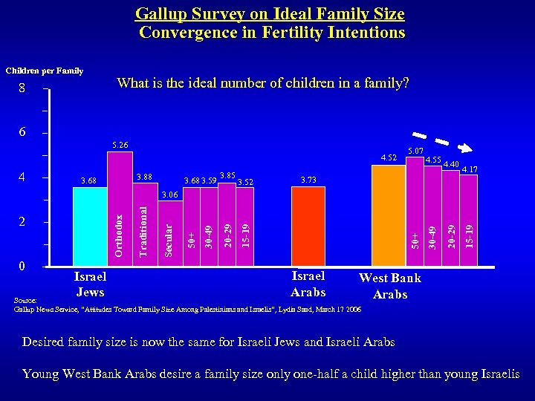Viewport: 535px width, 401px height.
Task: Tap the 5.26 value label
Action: [120, 144]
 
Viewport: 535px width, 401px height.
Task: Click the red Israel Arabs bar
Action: [308, 226]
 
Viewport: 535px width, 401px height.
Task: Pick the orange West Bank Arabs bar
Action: [388, 215]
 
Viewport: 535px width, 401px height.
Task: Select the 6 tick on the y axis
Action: [22, 132]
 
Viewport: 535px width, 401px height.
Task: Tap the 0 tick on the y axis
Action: [22, 266]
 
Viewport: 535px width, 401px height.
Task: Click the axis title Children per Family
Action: [45, 71]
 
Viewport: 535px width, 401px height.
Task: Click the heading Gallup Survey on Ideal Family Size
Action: [270, 13]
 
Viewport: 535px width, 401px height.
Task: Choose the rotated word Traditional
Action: [145, 232]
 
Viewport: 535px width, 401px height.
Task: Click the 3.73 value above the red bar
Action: [308, 180]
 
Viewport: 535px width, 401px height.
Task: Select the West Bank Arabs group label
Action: [390, 286]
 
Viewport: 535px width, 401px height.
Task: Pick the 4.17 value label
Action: [469, 170]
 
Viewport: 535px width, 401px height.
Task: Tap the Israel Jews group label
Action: [90, 284]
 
